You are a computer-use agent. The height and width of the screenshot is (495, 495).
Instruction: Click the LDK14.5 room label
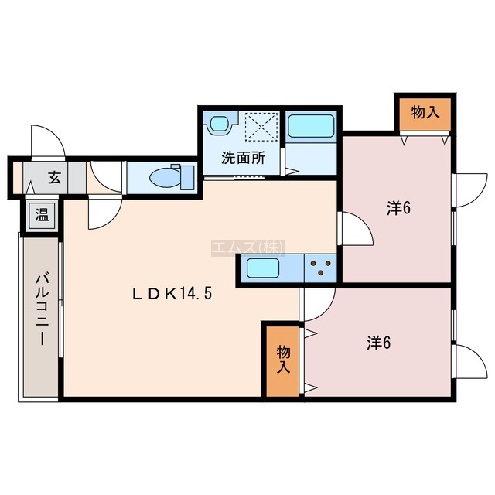(172, 294)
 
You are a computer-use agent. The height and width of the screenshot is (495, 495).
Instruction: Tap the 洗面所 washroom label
(244, 158)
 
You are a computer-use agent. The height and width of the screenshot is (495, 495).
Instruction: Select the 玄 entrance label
(55, 178)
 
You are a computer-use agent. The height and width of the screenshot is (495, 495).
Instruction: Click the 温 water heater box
(42, 216)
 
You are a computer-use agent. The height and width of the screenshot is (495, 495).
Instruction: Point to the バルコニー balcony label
(43, 309)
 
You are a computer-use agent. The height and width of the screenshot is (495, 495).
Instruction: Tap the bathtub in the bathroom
(311, 126)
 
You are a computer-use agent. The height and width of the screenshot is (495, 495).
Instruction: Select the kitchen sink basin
(263, 268)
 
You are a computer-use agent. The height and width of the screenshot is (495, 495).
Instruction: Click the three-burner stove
(321, 268)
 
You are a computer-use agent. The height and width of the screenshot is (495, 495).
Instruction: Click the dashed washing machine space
(261, 126)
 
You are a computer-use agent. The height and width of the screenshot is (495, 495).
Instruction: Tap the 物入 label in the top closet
(425, 112)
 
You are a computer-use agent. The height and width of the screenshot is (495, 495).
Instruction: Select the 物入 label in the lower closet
(283, 360)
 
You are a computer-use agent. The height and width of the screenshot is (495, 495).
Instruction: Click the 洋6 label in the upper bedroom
(399, 208)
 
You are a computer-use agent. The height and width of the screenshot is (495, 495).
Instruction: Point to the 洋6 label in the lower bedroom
(379, 343)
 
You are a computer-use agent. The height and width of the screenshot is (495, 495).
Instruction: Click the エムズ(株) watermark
(247, 247)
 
